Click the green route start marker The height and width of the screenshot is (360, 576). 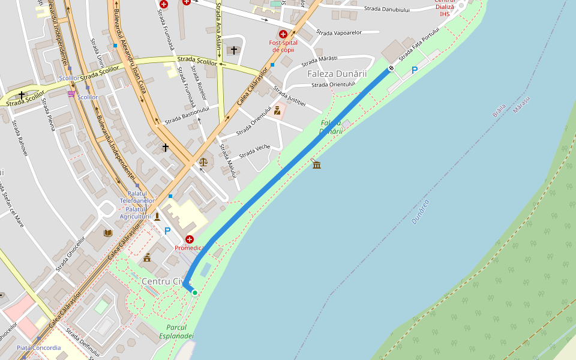(195, 293)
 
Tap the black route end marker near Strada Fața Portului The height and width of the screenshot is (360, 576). (391, 68)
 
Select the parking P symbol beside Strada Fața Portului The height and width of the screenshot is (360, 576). (414, 70)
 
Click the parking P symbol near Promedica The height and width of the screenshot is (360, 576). (167, 231)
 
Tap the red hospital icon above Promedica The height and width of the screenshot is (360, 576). (190, 239)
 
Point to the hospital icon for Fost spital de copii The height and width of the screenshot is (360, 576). (283, 34)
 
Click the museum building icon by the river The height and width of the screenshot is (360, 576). (316, 164)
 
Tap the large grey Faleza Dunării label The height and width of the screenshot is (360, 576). (337, 73)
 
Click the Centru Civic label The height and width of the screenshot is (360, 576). (166, 281)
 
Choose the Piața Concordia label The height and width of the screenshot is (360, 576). (38, 347)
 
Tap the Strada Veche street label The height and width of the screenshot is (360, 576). (254, 152)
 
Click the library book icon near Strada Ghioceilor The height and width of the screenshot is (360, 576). (108, 233)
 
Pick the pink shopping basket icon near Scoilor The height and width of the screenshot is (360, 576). (71, 94)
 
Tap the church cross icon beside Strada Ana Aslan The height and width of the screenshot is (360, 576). (234, 50)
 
